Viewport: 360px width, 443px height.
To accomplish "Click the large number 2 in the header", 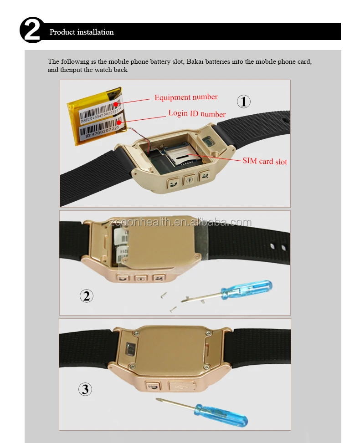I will [x=32, y=31].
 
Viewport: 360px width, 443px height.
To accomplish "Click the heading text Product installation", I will [x=82, y=32].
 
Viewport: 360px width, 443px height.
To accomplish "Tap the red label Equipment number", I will [x=186, y=97].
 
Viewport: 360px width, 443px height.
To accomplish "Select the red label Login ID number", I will [x=197, y=113].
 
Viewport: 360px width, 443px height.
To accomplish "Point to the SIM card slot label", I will [x=265, y=161].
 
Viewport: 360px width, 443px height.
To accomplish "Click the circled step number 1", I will [x=243, y=101].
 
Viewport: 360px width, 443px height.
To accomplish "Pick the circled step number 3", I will [x=85, y=389].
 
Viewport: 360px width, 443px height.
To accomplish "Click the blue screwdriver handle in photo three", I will [x=223, y=412].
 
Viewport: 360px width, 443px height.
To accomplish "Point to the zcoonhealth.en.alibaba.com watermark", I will [x=180, y=222].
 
